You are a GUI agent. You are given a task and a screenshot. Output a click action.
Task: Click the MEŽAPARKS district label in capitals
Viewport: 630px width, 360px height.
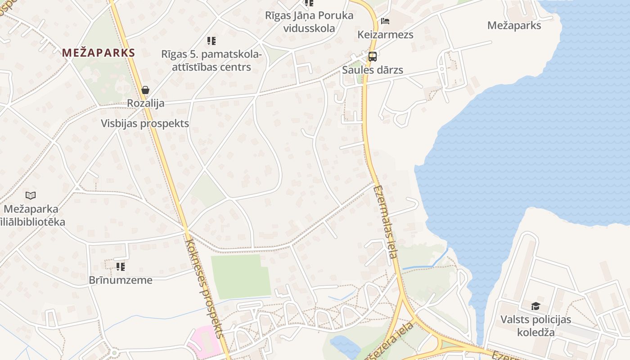[x=99, y=53]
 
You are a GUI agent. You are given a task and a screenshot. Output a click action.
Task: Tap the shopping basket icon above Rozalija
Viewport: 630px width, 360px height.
[x=145, y=90]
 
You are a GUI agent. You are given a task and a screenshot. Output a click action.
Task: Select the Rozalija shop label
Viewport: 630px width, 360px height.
[x=145, y=103]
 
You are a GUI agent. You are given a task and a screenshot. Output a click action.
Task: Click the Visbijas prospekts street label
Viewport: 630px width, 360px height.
[x=145, y=124]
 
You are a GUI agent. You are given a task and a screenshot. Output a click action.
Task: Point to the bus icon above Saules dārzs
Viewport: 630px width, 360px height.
[x=372, y=57]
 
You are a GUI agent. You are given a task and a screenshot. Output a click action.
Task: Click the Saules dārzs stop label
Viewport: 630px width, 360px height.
[x=372, y=70]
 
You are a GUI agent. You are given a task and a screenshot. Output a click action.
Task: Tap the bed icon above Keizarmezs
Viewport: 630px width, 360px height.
[x=385, y=21]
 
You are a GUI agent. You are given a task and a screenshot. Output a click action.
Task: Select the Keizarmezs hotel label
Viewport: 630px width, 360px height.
[x=385, y=35]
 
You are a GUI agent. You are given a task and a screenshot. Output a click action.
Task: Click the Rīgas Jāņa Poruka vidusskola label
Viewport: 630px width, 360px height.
[x=309, y=22]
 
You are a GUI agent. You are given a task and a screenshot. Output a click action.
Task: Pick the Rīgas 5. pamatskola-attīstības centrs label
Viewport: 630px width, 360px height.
[x=211, y=61]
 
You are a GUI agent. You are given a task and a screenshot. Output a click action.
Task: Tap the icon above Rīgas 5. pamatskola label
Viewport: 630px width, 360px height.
[x=211, y=41]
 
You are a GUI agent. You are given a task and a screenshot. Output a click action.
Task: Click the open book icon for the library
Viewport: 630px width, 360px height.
[x=31, y=195]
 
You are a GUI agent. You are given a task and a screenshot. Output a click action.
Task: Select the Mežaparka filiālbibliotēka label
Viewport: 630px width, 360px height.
[x=32, y=216]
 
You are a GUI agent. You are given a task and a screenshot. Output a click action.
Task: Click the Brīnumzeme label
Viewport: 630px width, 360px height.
[x=120, y=280]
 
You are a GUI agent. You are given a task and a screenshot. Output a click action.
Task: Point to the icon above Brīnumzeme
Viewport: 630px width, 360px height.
[x=120, y=267]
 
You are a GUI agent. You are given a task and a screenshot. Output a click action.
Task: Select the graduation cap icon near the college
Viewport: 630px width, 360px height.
[x=535, y=306]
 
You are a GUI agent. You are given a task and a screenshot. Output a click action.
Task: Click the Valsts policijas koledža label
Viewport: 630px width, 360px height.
[x=535, y=326]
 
